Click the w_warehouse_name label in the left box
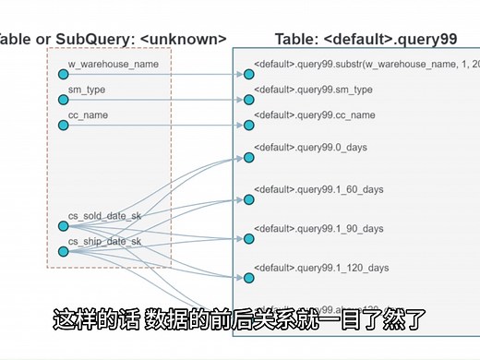[113, 65]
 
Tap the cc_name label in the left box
[89, 114]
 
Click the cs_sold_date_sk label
[104, 216]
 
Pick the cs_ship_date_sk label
[104, 241]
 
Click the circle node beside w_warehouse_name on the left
[63, 75]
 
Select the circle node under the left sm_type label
[63, 100]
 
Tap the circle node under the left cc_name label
[63, 125]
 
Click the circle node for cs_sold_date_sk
[63, 226]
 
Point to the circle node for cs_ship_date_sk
[63, 251]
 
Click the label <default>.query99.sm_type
[313, 90]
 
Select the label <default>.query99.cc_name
[314, 114]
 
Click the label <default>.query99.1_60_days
[318, 188]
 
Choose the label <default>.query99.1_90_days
[318, 228]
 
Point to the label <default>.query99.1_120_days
[321, 268]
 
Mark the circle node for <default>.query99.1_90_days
[248, 239]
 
